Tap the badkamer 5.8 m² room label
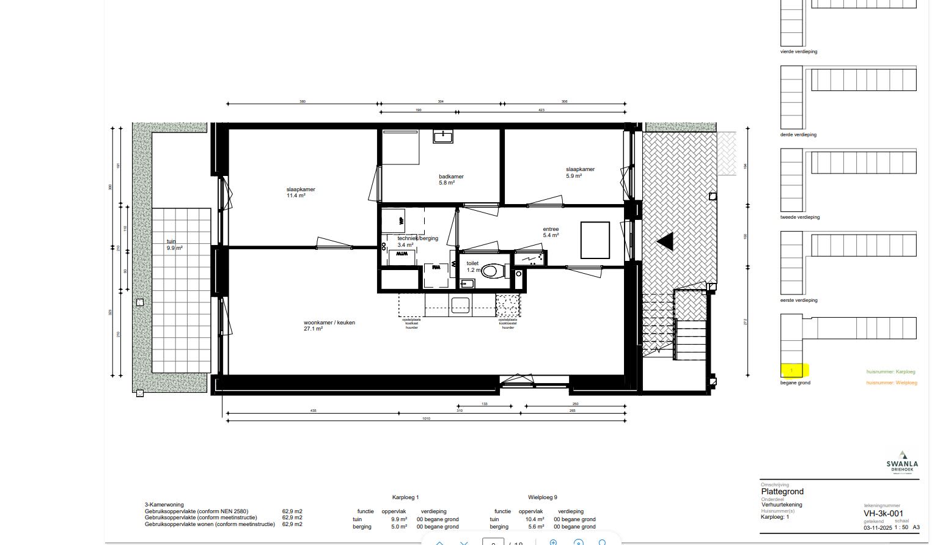point(451,180)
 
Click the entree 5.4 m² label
point(551,232)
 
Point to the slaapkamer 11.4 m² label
point(301,192)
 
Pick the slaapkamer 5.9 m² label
point(580,172)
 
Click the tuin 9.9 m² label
point(175,246)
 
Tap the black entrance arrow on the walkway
point(666,242)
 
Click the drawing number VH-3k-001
point(883,514)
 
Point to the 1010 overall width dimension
point(426,419)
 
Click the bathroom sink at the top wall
point(443,136)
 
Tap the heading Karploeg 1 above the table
point(405,497)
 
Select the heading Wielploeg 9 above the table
point(542,497)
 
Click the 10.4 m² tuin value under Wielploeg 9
point(536,519)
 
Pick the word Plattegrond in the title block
point(782,491)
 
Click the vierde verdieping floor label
point(798,52)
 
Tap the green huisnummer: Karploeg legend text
point(890,371)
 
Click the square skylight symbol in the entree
point(595,240)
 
